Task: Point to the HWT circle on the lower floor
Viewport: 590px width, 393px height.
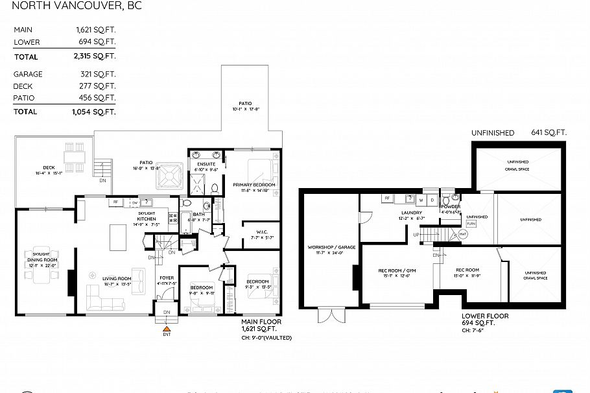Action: click(x=463, y=233)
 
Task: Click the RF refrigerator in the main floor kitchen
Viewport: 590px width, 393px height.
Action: click(x=115, y=202)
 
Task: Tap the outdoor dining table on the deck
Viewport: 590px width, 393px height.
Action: click(x=71, y=157)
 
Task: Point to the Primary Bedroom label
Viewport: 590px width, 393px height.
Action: click(x=254, y=185)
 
